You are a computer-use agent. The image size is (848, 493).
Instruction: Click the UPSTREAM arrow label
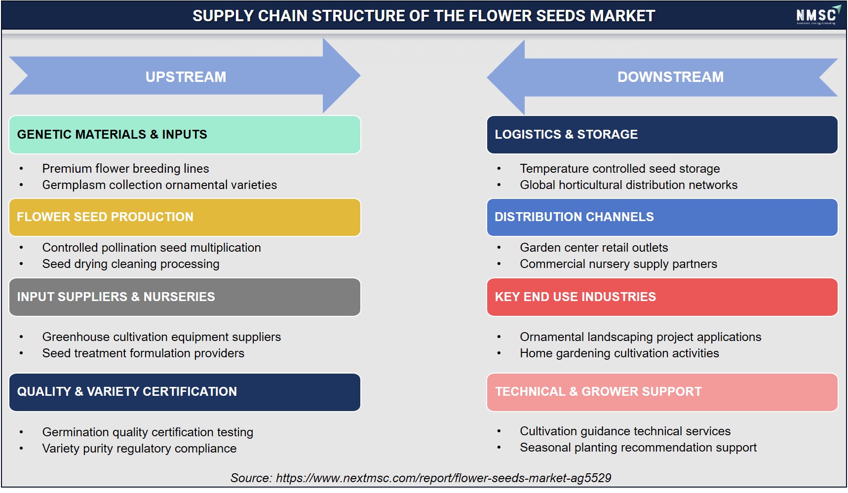[186, 77]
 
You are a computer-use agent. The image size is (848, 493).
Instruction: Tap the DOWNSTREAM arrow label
[670, 77]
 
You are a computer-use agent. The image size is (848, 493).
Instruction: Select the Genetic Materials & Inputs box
[185, 135]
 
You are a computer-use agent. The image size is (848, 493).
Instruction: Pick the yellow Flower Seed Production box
[185, 217]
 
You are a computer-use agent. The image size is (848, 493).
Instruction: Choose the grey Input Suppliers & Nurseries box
[185, 297]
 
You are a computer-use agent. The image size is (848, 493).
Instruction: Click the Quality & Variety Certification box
[185, 392]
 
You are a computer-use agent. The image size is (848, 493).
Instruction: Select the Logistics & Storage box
[662, 135]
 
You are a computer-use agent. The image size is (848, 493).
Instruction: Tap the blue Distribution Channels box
[662, 217]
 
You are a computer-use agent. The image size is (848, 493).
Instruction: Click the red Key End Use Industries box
[662, 297]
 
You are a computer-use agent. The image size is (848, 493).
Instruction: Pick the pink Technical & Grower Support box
[662, 392]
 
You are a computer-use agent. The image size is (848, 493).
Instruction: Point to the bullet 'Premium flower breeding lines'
[125, 169]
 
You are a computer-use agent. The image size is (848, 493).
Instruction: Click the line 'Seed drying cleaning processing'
[131, 264]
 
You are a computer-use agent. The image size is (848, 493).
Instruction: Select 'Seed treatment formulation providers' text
[143, 353]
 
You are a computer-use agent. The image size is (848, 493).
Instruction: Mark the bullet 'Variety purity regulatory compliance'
[139, 449]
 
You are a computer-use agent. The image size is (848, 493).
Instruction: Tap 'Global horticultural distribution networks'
[628, 185]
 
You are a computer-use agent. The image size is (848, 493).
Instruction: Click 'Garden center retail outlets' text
[594, 248]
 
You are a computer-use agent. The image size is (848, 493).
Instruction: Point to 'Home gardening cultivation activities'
[619, 353]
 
